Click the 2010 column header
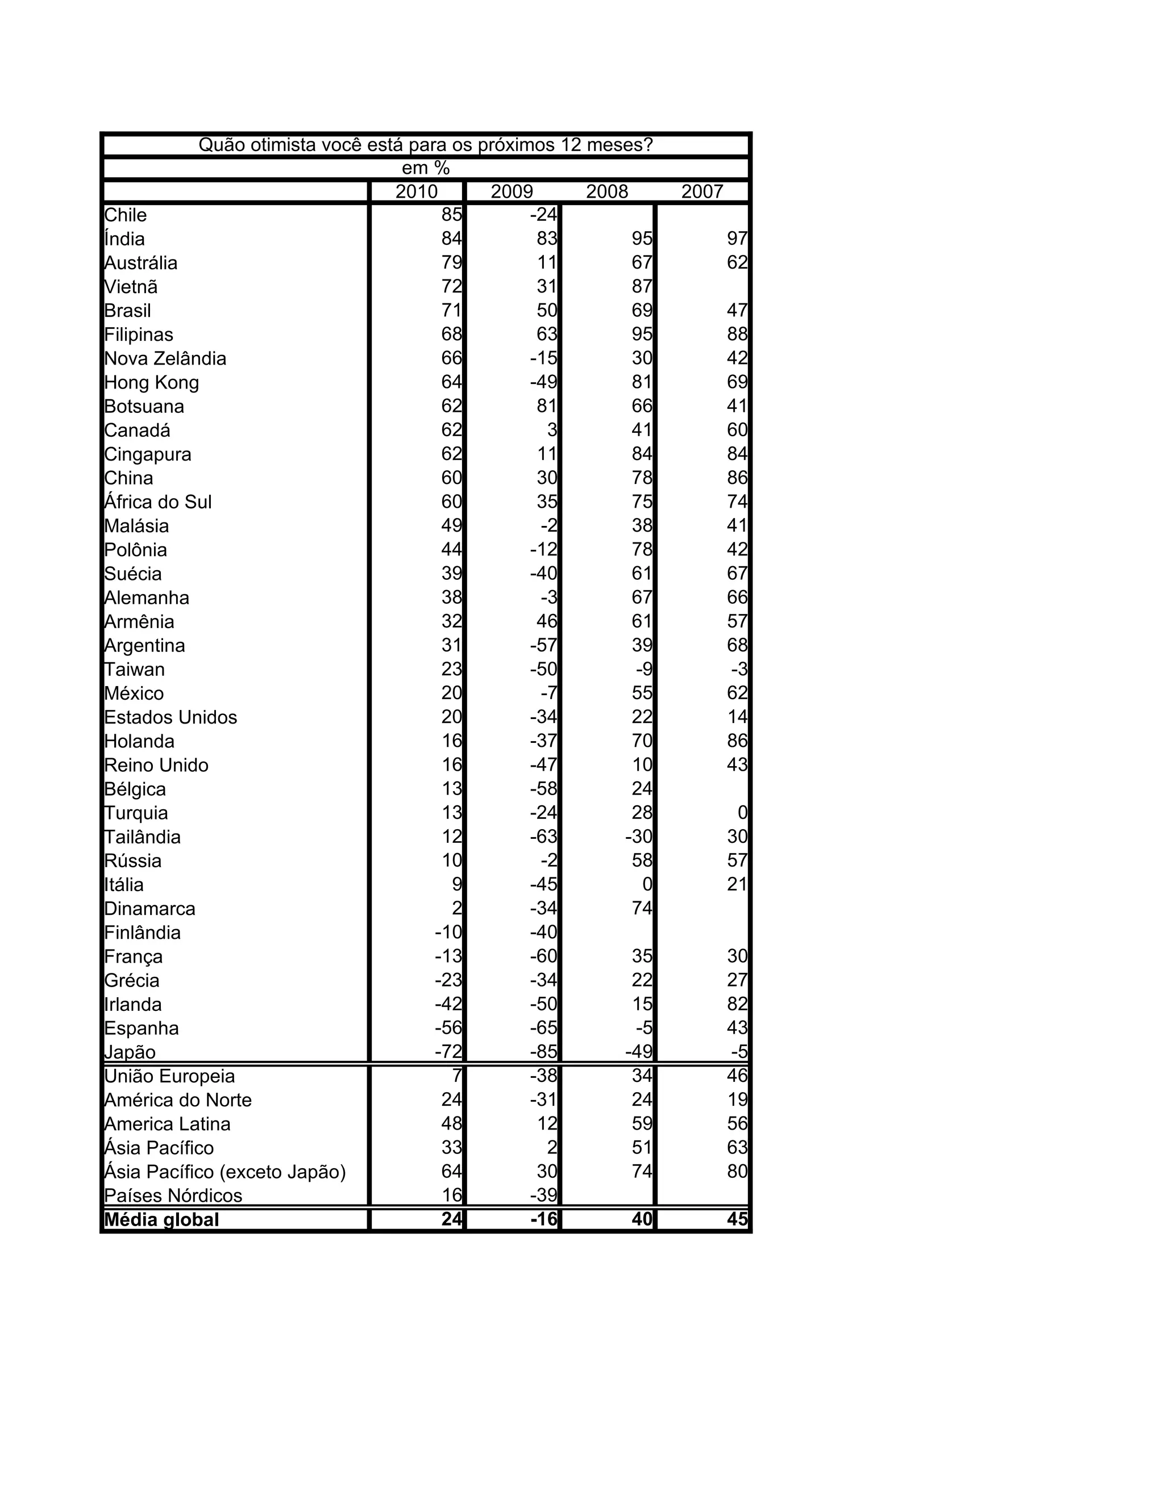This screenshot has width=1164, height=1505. coord(416,191)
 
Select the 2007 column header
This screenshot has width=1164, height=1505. coord(702,191)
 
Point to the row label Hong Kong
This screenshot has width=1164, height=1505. coord(152,382)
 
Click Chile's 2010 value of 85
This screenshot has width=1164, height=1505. coord(452,215)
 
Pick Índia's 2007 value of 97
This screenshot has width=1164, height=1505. coord(737,239)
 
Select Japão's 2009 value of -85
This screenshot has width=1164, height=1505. coord(543,1052)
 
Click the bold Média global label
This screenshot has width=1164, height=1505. coord(161,1220)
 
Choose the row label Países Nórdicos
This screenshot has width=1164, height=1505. coord(173,1195)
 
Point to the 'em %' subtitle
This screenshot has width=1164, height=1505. coord(426,168)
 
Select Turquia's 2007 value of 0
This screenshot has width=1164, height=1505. coord(743,813)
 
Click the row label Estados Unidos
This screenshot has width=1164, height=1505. coord(171,717)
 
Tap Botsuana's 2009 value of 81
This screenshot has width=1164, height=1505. coord(547,407)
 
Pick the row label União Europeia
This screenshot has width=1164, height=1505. coord(169,1076)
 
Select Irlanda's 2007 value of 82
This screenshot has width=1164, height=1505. coord(737,1004)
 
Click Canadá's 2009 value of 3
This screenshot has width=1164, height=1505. coord(552,430)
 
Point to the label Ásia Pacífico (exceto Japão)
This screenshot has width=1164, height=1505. coord(225,1172)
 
